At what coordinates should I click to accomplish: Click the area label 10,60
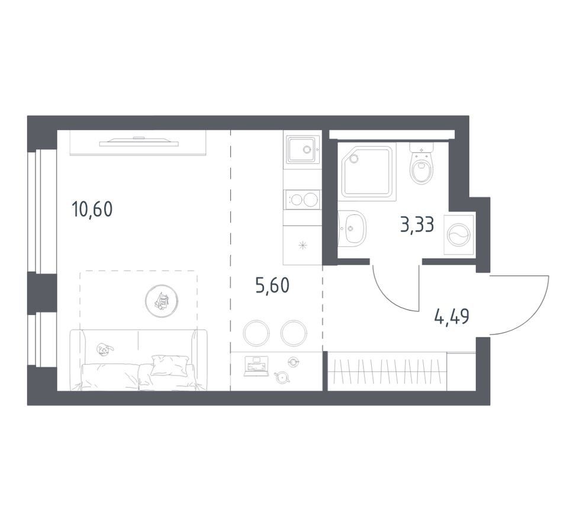click(x=92, y=210)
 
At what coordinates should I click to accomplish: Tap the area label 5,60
click(x=272, y=285)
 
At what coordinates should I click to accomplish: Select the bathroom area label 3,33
click(x=417, y=225)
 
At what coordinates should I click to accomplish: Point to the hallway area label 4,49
click(x=452, y=317)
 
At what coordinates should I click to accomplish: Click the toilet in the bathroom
click(x=421, y=163)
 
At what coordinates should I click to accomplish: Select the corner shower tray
click(x=368, y=171)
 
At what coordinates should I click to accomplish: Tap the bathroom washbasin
click(x=352, y=229)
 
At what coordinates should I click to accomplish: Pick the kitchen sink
click(x=303, y=149)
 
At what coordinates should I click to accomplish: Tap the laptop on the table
click(x=256, y=366)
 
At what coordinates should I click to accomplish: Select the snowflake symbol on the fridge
click(x=303, y=246)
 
